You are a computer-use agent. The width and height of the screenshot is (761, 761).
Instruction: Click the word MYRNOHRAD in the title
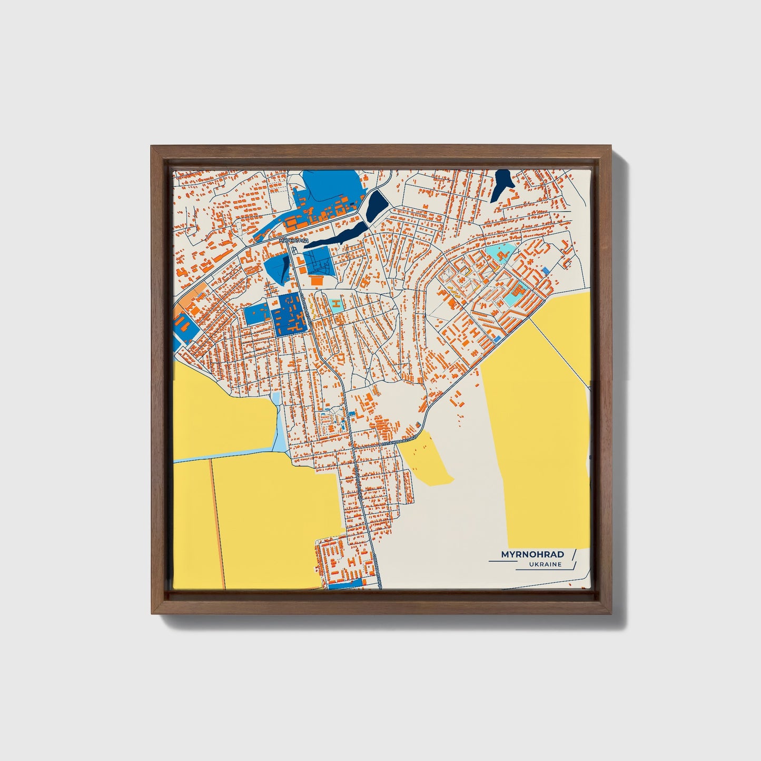pyautogui.click(x=532, y=555)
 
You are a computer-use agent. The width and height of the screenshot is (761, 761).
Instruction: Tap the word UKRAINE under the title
pyautogui.click(x=546, y=565)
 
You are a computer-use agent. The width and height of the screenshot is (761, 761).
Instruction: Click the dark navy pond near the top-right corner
pyautogui.click(x=502, y=184)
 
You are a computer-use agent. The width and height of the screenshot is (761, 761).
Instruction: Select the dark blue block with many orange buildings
pyautogui.click(x=289, y=314)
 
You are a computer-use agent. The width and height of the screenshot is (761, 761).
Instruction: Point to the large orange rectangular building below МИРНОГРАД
pyautogui.click(x=317, y=280)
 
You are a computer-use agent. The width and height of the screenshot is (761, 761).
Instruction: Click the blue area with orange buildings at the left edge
pyautogui.click(x=184, y=326)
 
